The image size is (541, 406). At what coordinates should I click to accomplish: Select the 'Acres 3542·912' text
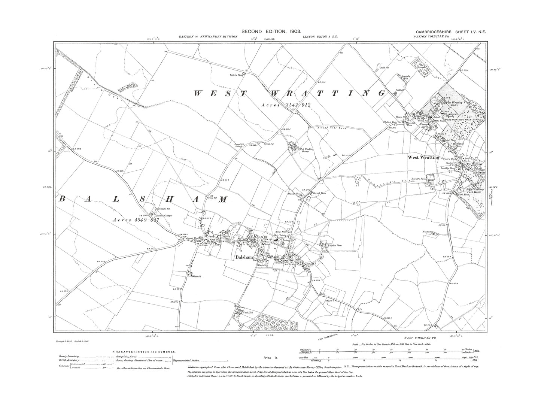pos(286,105)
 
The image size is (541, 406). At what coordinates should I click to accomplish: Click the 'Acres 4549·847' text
pos(136,220)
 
